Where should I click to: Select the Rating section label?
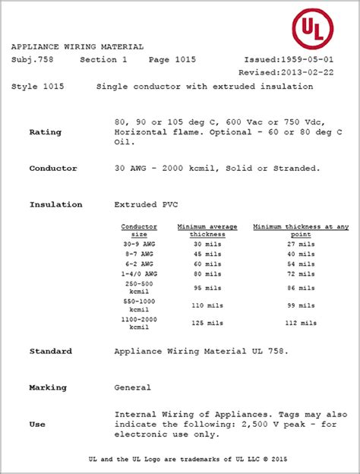pyautogui.click(x=46, y=132)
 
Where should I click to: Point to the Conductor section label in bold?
pyautogui.click(x=53, y=168)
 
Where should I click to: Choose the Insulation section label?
pyautogui.click(x=56, y=205)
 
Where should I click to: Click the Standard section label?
pyautogui.click(x=51, y=352)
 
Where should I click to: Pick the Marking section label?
pyautogui.click(x=48, y=387)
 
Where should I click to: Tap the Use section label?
pyautogui.click(x=36, y=424)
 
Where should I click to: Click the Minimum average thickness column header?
pyautogui.click(x=207, y=231)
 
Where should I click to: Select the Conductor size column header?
pyautogui.click(x=139, y=231)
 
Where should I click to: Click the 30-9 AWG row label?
pyautogui.click(x=139, y=245)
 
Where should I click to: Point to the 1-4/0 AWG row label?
pyautogui.click(x=139, y=272)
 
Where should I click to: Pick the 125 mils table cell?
pyautogui.click(x=207, y=323)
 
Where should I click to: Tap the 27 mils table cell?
pyautogui.click(x=301, y=245)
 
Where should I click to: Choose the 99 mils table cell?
pyautogui.click(x=301, y=305)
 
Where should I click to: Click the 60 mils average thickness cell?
pyautogui.click(x=207, y=263)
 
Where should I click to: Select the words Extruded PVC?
pyautogui.click(x=143, y=205)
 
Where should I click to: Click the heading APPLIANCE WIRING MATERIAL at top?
pyautogui.click(x=77, y=46)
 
